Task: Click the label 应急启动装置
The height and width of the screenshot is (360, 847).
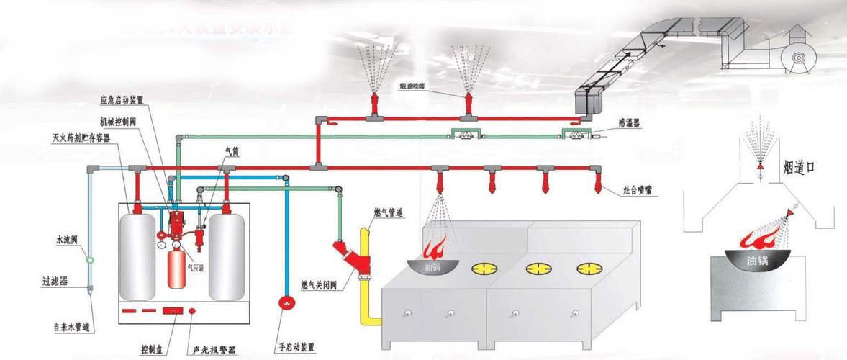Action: click(124, 100)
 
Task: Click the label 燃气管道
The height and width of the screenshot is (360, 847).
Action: click(388, 213)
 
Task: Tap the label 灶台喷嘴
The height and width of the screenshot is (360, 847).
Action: click(638, 192)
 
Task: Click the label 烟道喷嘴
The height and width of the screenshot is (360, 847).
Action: click(416, 86)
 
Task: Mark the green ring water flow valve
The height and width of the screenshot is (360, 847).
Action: click(90, 260)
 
